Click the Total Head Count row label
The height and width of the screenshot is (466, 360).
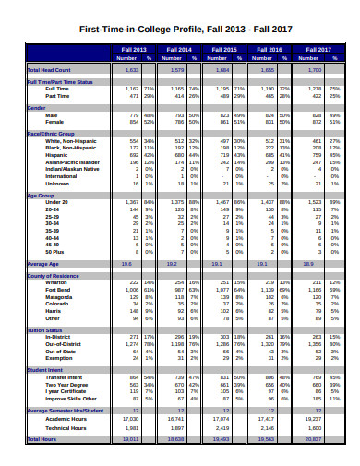click(47, 69)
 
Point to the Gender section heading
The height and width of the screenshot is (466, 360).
click(37, 107)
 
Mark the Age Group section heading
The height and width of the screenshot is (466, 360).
click(42, 196)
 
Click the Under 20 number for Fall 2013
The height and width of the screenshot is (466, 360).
click(132, 202)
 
